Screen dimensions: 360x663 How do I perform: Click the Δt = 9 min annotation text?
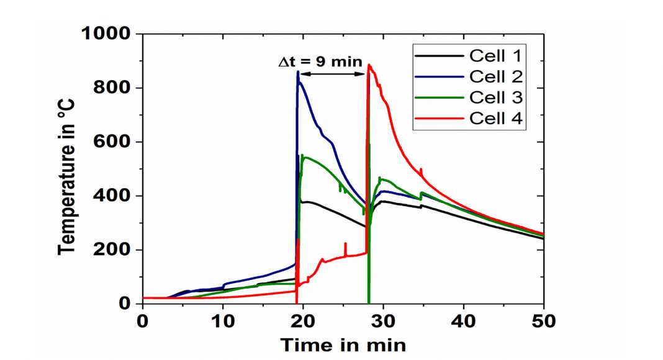319,62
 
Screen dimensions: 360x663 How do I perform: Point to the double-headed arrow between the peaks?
333,74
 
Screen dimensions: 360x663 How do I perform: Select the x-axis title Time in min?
343,344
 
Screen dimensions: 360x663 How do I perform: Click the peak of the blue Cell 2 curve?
298,72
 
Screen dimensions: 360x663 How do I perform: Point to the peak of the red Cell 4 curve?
369,65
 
